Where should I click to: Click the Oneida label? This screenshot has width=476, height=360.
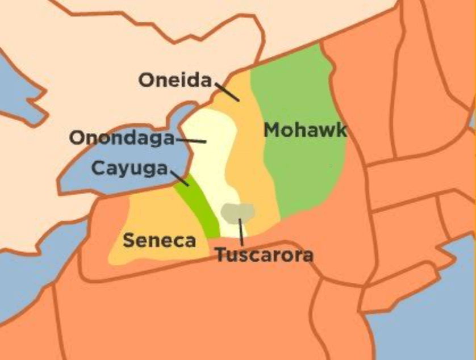(x=175, y=80)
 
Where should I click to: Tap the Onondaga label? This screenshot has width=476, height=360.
(x=122, y=138)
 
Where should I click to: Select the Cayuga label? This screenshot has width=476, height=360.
(x=130, y=169)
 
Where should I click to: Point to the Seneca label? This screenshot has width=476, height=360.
(x=159, y=240)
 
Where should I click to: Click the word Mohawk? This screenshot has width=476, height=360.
(x=305, y=130)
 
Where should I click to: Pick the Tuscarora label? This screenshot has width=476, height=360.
(x=264, y=255)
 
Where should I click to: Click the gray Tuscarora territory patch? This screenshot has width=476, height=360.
(x=238, y=212)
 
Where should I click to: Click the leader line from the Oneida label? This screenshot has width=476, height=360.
(x=227, y=91)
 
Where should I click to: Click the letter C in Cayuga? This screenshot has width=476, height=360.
(x=98, y=169)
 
